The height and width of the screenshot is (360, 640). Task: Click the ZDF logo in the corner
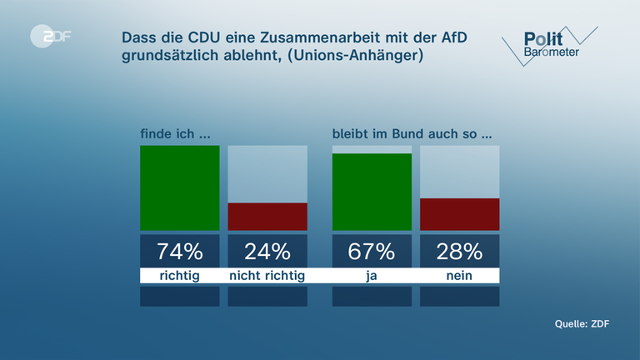pos(49,37)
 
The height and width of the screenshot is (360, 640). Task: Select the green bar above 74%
pos(179,187)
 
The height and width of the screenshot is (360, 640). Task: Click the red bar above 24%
pos(267,217)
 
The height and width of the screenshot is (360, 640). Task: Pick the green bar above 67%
pos(372,192)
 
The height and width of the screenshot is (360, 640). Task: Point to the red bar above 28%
pos(460,214)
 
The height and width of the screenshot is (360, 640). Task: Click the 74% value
pos(179,251)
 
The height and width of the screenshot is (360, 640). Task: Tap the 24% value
pos(267,251)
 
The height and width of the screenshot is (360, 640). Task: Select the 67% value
pos(372,251)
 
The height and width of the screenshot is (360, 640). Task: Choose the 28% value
pos(460,251)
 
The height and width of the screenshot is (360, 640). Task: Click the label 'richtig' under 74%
pos(179,276)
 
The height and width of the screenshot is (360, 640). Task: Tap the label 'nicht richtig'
pos(267,276)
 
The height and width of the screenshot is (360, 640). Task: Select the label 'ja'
pos(372,276)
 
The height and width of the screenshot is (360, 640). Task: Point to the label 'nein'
pos(460,276)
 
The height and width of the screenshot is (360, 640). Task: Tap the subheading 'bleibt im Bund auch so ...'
pos(407,134)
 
